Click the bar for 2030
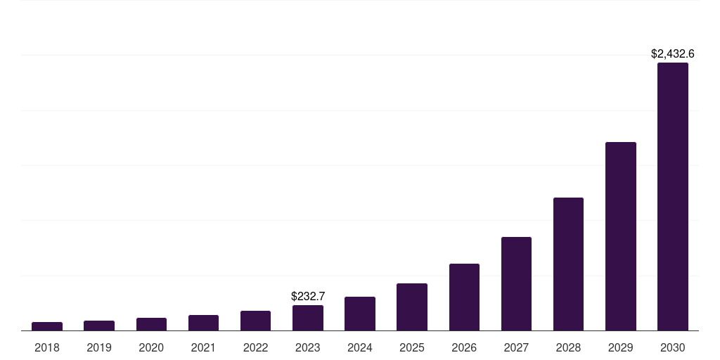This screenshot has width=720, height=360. pyautogui.click(x=672, y=197)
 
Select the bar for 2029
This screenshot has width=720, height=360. pyautogui.click(x=620, y=236)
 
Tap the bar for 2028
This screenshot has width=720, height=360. pyautogui.click(x=568, y=264)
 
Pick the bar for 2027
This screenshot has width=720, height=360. pyautogui.click(x=516, y=283)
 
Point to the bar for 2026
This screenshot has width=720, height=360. pyautogui.click(x=464, y=297)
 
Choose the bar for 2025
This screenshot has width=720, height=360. pyautogui.click(x=412, y=307)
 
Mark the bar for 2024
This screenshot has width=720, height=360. pyautogui.click(x=360, y=314)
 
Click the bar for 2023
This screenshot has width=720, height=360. pyautogui.click(x=308, y=318)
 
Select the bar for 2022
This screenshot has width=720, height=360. pyautogui.click(x=255, y=321)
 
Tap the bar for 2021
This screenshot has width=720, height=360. pyautogui.click(x=203, y=323)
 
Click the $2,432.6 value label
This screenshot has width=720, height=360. pyautogui.click(x=672, y=53)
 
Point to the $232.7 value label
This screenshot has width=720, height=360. pyautogui.click(x=308, y=296)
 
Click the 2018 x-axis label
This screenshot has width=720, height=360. pyautogui.click(x=47, y=347)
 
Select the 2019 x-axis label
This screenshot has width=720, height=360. pyautogui.click(x=99, y=347)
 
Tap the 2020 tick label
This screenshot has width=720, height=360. pyautogui.click(x=151, y=347)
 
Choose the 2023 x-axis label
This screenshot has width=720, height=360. pyautogui.click(x=308, y=347)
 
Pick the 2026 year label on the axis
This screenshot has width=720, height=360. pyautogui.click(x=464, y=347)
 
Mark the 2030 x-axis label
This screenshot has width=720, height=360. pyautogui.click(x=672, y=347)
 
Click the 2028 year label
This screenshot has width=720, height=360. pyautogui.click(x=568, y=347)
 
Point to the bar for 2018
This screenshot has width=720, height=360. pyautogui.click(x=47, y=326)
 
